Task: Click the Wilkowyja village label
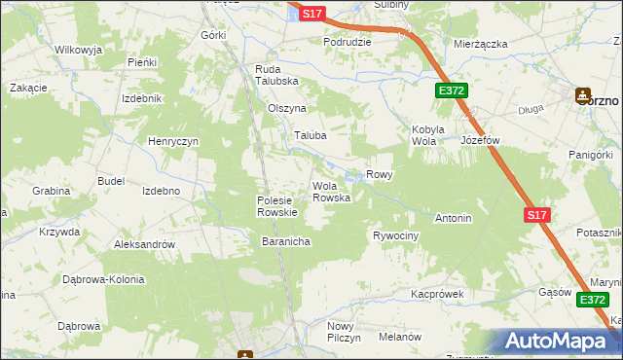pyautogui.click(x=79, y=49)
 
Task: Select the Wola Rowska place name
pyautogui.click(x=330, y=192)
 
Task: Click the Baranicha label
pyautogui.click(x=285, y=240)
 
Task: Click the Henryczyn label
pyautogui.click(x=173, y=141)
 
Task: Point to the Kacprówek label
pyautogui.click(x=435, y=293)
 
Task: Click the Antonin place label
pyautogui.click(x=453, y=218)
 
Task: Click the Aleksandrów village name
pyautogui.click(x=144, y=244)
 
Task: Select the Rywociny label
pyautogui.click(x=395, y=236)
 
